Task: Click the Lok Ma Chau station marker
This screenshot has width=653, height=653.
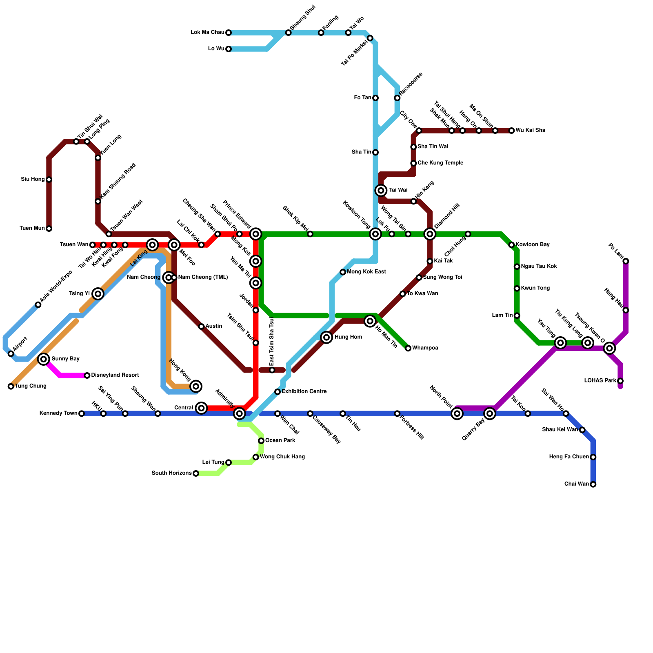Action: click(229, 33)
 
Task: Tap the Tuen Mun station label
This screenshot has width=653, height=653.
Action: click(32, 229)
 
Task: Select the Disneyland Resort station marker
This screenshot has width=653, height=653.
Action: click(87, 375)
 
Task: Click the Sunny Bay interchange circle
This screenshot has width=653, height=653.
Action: click(44, 359)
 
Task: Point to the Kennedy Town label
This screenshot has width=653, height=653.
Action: click(58, 413)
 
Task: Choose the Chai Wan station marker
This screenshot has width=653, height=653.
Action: click(593, 484)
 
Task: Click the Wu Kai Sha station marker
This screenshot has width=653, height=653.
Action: click(511, 131)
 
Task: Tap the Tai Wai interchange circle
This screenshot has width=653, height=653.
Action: click(381, 190)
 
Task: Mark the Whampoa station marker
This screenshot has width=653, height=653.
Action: click(408, 348)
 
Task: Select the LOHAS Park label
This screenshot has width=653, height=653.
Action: click(600, 381)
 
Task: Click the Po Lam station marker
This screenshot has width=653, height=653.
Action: click(626, 261)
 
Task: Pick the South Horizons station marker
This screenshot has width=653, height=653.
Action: click(196, 473)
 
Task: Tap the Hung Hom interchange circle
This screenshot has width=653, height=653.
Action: click(326, 337)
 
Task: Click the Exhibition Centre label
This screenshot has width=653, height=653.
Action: click(304, 392)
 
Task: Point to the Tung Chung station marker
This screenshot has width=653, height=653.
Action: click(11, 386)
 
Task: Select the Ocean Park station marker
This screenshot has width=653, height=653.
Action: click(261, 441)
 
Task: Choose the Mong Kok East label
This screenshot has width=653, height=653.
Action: click(366, 272)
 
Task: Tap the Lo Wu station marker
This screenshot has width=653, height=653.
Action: click(229, 49)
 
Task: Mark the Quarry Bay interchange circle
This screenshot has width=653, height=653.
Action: click(490, 414)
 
